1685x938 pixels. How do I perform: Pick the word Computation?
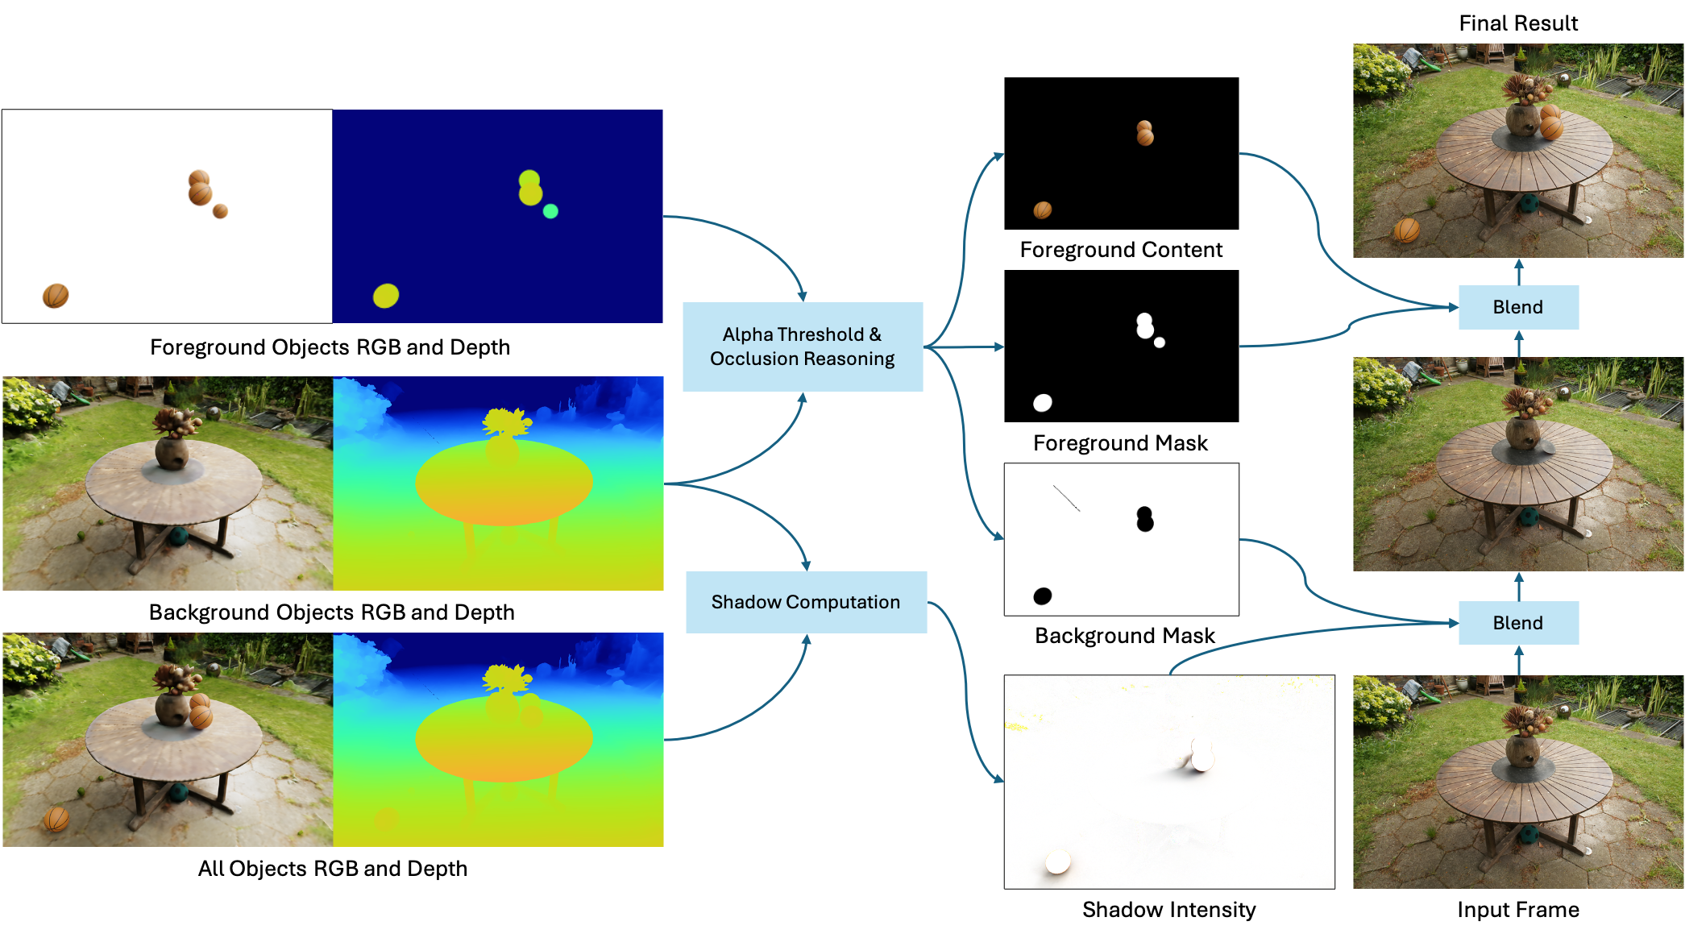(843, 602)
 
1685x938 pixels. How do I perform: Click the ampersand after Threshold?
(875, 334)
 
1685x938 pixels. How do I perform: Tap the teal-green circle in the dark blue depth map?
(550, 211)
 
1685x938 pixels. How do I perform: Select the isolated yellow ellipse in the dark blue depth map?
(386, 296)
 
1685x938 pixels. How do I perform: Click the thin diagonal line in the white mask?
(1066, 498)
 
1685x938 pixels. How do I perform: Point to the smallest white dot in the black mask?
(1160, 342)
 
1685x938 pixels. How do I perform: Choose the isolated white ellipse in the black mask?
(1043, 403)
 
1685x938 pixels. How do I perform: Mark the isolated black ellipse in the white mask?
(1043, 596)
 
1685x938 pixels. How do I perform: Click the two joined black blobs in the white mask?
(1144, 519)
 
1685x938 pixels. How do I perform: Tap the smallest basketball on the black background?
(220, 211)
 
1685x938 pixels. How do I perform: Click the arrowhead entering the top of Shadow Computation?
(806, 566)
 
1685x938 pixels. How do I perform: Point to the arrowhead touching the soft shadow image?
(999, 778)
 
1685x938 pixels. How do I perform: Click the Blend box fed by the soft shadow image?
(1518, 623)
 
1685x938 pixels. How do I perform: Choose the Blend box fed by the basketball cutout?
(1518, 307)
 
